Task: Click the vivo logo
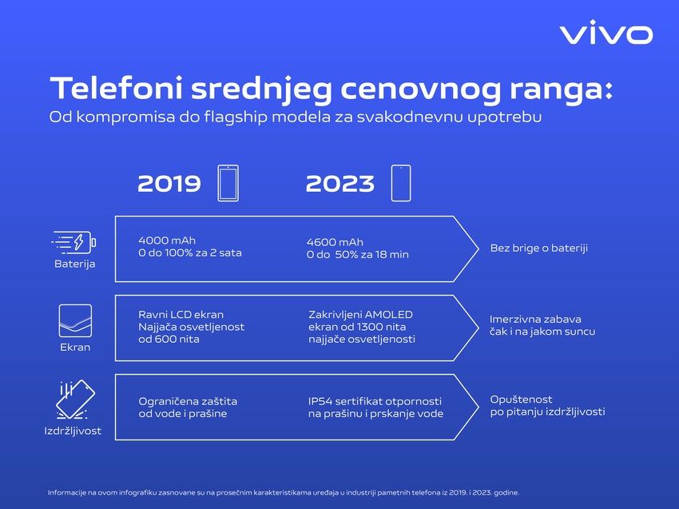606,32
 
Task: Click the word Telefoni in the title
116,88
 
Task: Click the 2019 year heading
169,184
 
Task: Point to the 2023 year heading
340,184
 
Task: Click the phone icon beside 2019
228,183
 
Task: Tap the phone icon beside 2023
401,183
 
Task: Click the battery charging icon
74,242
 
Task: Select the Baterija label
75,264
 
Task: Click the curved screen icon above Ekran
75,320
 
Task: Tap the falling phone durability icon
75,400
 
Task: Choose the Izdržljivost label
73,431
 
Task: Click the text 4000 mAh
167,241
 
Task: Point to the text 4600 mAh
335,242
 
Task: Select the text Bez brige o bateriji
538,249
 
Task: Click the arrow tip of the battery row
478,249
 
